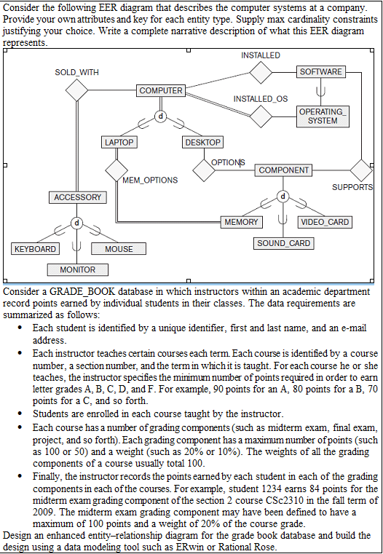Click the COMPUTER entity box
click(161, 90)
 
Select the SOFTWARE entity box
click(320, 71)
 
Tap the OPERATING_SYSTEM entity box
click(323, 116)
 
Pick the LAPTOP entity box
click(119, 143)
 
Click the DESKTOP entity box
click(202, 143)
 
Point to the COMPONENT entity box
click(284, 170)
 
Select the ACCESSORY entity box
click(78, 197)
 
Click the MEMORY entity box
click(241, 222)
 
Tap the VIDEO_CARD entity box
click(324, 222)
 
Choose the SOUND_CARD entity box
click(284, 243)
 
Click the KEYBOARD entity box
click(36, 249)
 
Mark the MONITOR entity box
click(78, 269)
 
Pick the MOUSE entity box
click(119, 249)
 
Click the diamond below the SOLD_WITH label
click(76, 91)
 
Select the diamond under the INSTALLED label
click(260, 72)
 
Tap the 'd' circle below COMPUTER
click(161, 116)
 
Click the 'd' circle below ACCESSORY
click(77, 223)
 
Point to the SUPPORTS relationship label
click(352, 188)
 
